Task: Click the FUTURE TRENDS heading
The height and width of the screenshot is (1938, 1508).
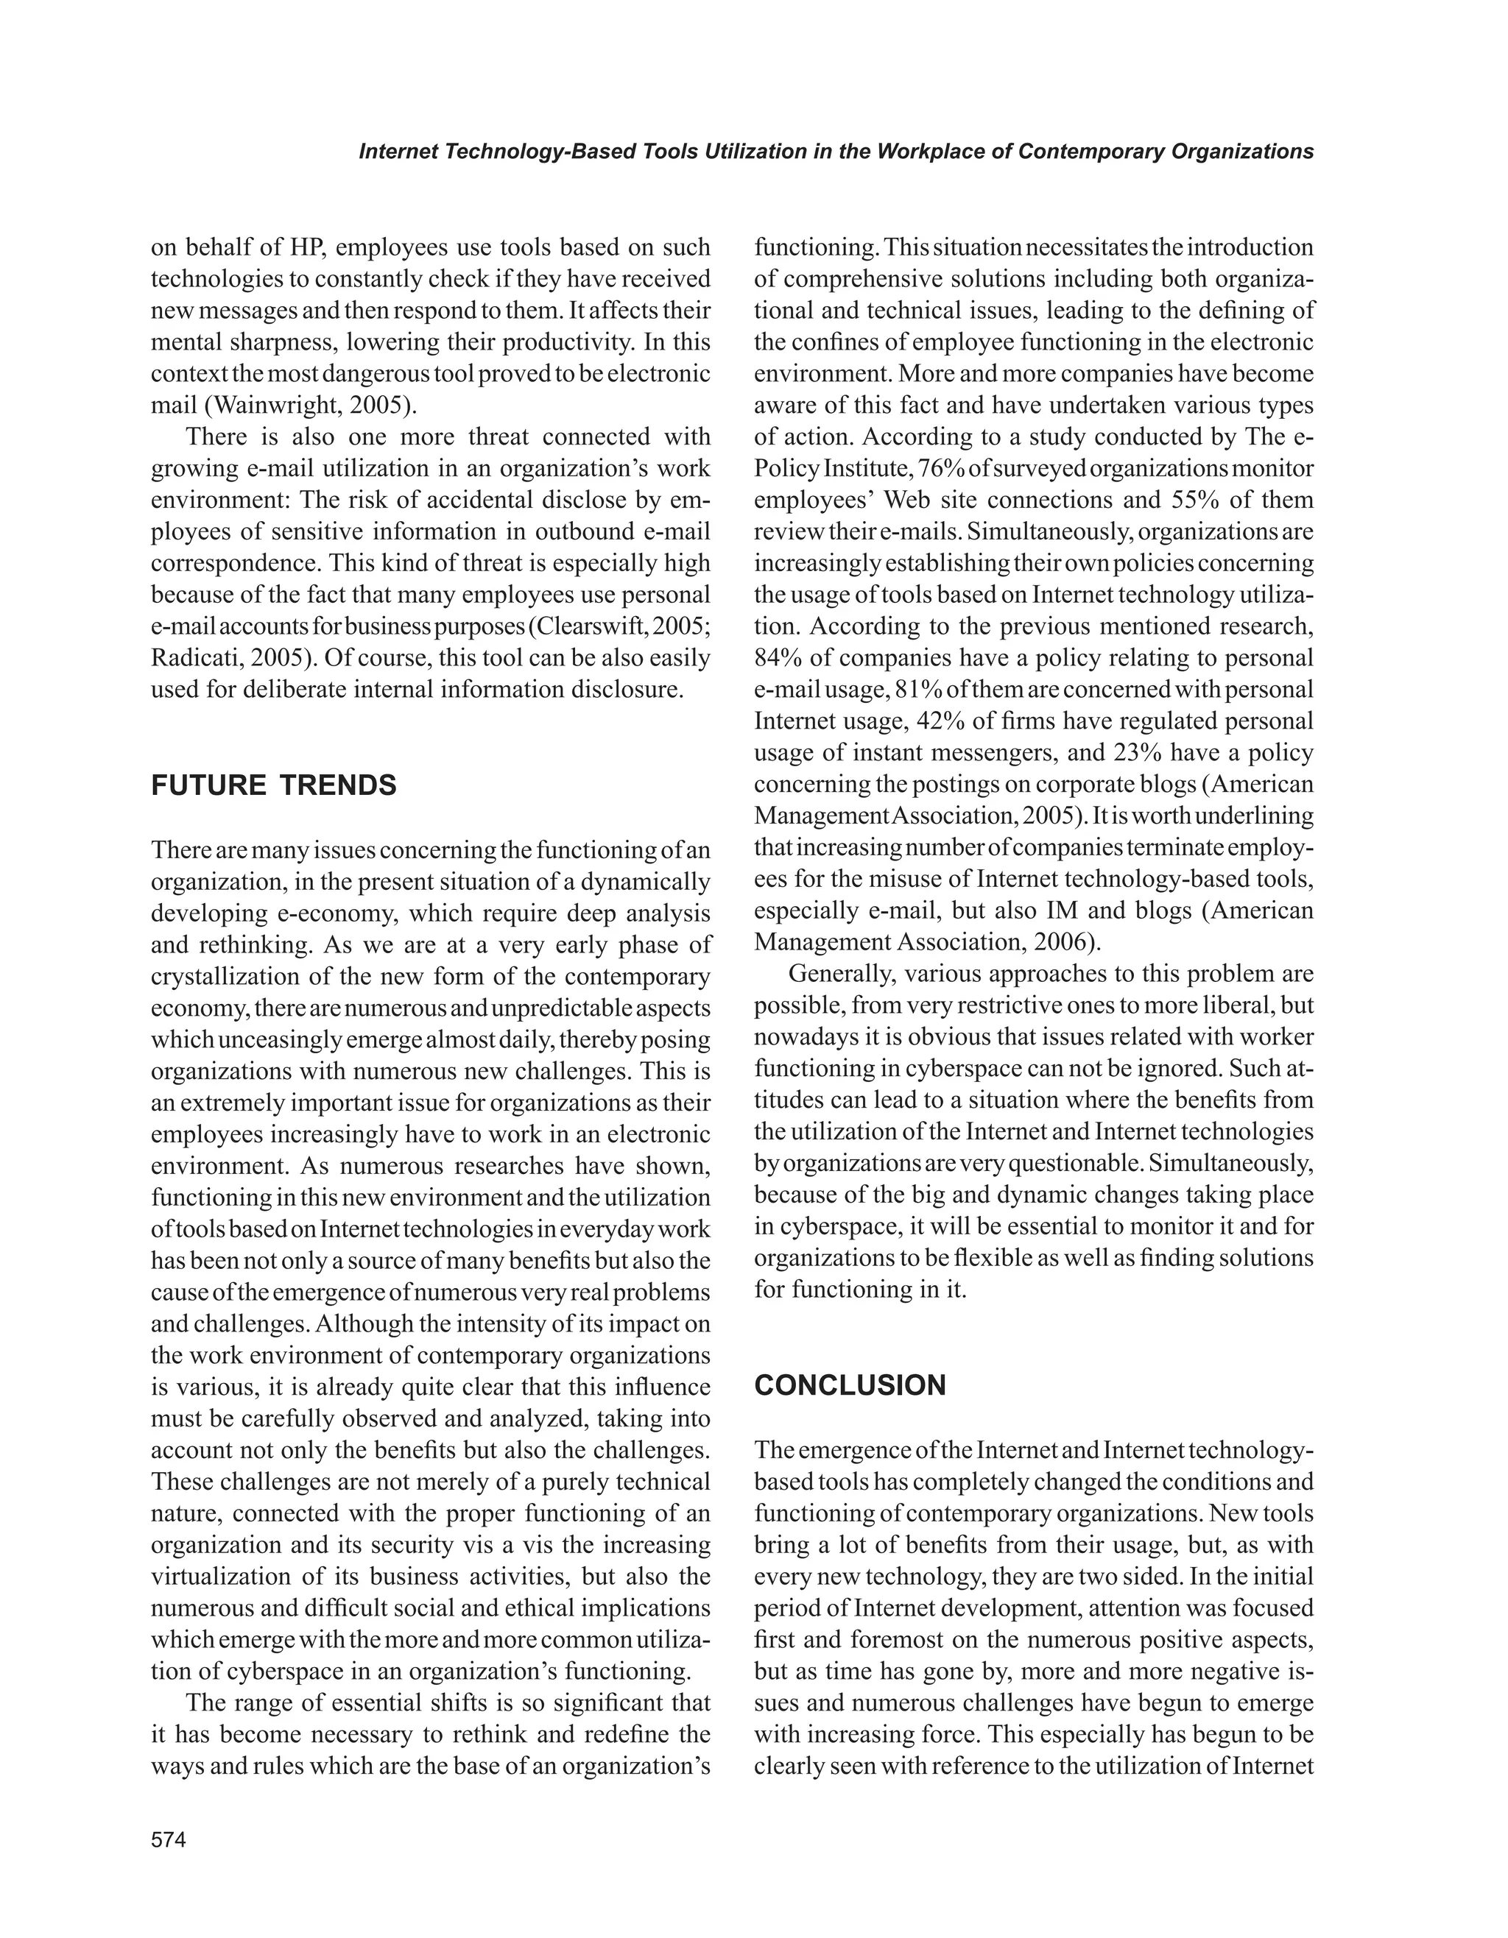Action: [x=273, y=785]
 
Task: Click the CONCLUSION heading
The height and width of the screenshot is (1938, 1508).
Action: [x=850, y=1385]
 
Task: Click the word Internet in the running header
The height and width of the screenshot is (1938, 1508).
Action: [x=395, y=152]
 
